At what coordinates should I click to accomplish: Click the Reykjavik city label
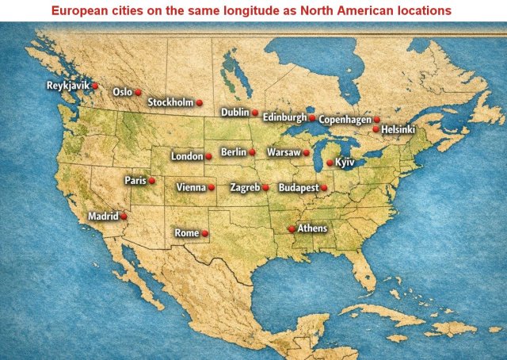(x=68, y=86)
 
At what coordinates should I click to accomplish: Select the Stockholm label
(x=170, y=102)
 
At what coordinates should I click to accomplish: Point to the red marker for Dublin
(x=255, y=113)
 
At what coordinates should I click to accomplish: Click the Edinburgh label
(x=284, y=117)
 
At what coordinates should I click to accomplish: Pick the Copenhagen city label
(x=345, y=120)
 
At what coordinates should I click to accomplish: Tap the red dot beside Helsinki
(x=375, y=128)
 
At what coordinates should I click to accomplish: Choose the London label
(x=187, y=156)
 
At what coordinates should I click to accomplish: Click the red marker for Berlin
(x=252, y=151)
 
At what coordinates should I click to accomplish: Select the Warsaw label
(x=284, y=152)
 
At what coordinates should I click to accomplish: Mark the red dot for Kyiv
(x=330, y=163)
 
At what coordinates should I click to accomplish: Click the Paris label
(x=135, y=181)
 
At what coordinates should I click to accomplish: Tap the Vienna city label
(x=191, y=188)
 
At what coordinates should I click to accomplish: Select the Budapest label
(x=298, y=188)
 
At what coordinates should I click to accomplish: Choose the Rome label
(x=186, y=233)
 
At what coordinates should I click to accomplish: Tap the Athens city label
(x=311, y=228)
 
